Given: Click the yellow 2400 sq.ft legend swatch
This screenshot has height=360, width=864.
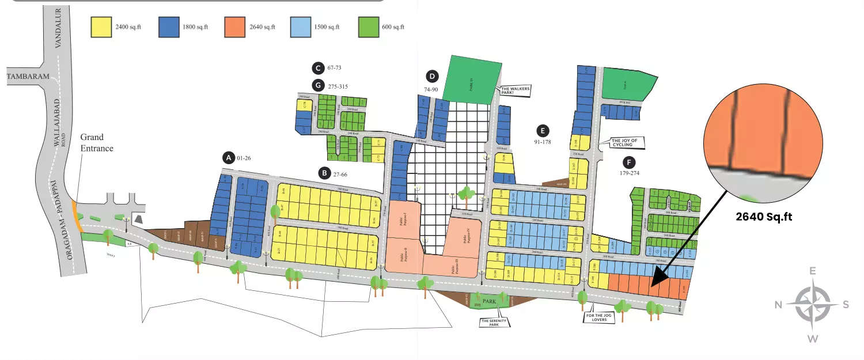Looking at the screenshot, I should [100, 27].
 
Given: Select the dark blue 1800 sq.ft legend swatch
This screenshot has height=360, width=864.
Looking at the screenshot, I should [168, 27].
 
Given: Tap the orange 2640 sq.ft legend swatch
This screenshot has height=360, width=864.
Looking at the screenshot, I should [235, 27].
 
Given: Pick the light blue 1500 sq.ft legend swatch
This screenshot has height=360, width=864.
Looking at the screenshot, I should [301, 27].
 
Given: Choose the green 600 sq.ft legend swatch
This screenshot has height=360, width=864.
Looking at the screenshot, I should [367, 27].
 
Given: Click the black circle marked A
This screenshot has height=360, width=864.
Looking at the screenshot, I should [229, 157].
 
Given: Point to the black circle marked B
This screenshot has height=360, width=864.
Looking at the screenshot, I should [325, 172].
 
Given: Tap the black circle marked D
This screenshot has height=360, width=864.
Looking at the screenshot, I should [432, 76].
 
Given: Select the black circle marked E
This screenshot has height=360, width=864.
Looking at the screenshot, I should [541, 130].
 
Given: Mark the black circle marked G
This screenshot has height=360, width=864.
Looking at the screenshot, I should [317, 86].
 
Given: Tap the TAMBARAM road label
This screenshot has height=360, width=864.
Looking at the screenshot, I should [28, 76].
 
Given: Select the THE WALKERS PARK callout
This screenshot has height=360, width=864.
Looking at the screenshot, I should [514, 90].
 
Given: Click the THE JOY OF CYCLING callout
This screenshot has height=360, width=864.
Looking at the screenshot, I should [627, 142].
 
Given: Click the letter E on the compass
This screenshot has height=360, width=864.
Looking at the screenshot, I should [813, 271].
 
